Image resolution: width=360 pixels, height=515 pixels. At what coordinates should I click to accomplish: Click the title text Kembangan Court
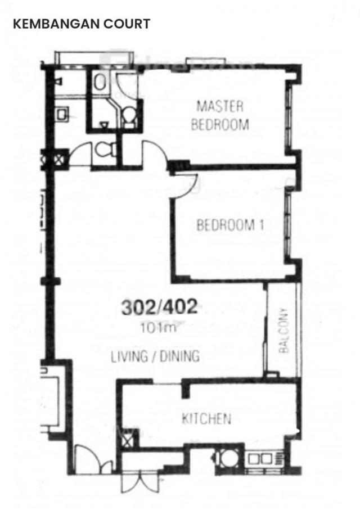click(x=82, y=24)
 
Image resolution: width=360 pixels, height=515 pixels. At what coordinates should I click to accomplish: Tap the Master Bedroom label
click(x=220, y=116)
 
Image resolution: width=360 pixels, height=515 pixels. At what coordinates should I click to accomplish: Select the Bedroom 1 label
click(x=230, y=225)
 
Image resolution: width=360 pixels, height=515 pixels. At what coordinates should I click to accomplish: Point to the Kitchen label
click(x=206, y=418)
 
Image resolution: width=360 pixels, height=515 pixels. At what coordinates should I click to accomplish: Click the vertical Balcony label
click(x=284, y=331)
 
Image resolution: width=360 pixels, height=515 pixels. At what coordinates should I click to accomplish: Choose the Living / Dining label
click(x=155, y=356)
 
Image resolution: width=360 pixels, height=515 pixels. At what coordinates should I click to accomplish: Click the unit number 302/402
click(x=160, y=307)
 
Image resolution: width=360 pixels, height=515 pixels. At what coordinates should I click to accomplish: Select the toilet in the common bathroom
click(x=106, y=150)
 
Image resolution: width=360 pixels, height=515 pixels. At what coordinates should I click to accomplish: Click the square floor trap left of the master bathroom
click(x=62, y=115)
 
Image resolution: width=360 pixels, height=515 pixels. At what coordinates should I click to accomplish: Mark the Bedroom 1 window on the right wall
click(x=289, y=225)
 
